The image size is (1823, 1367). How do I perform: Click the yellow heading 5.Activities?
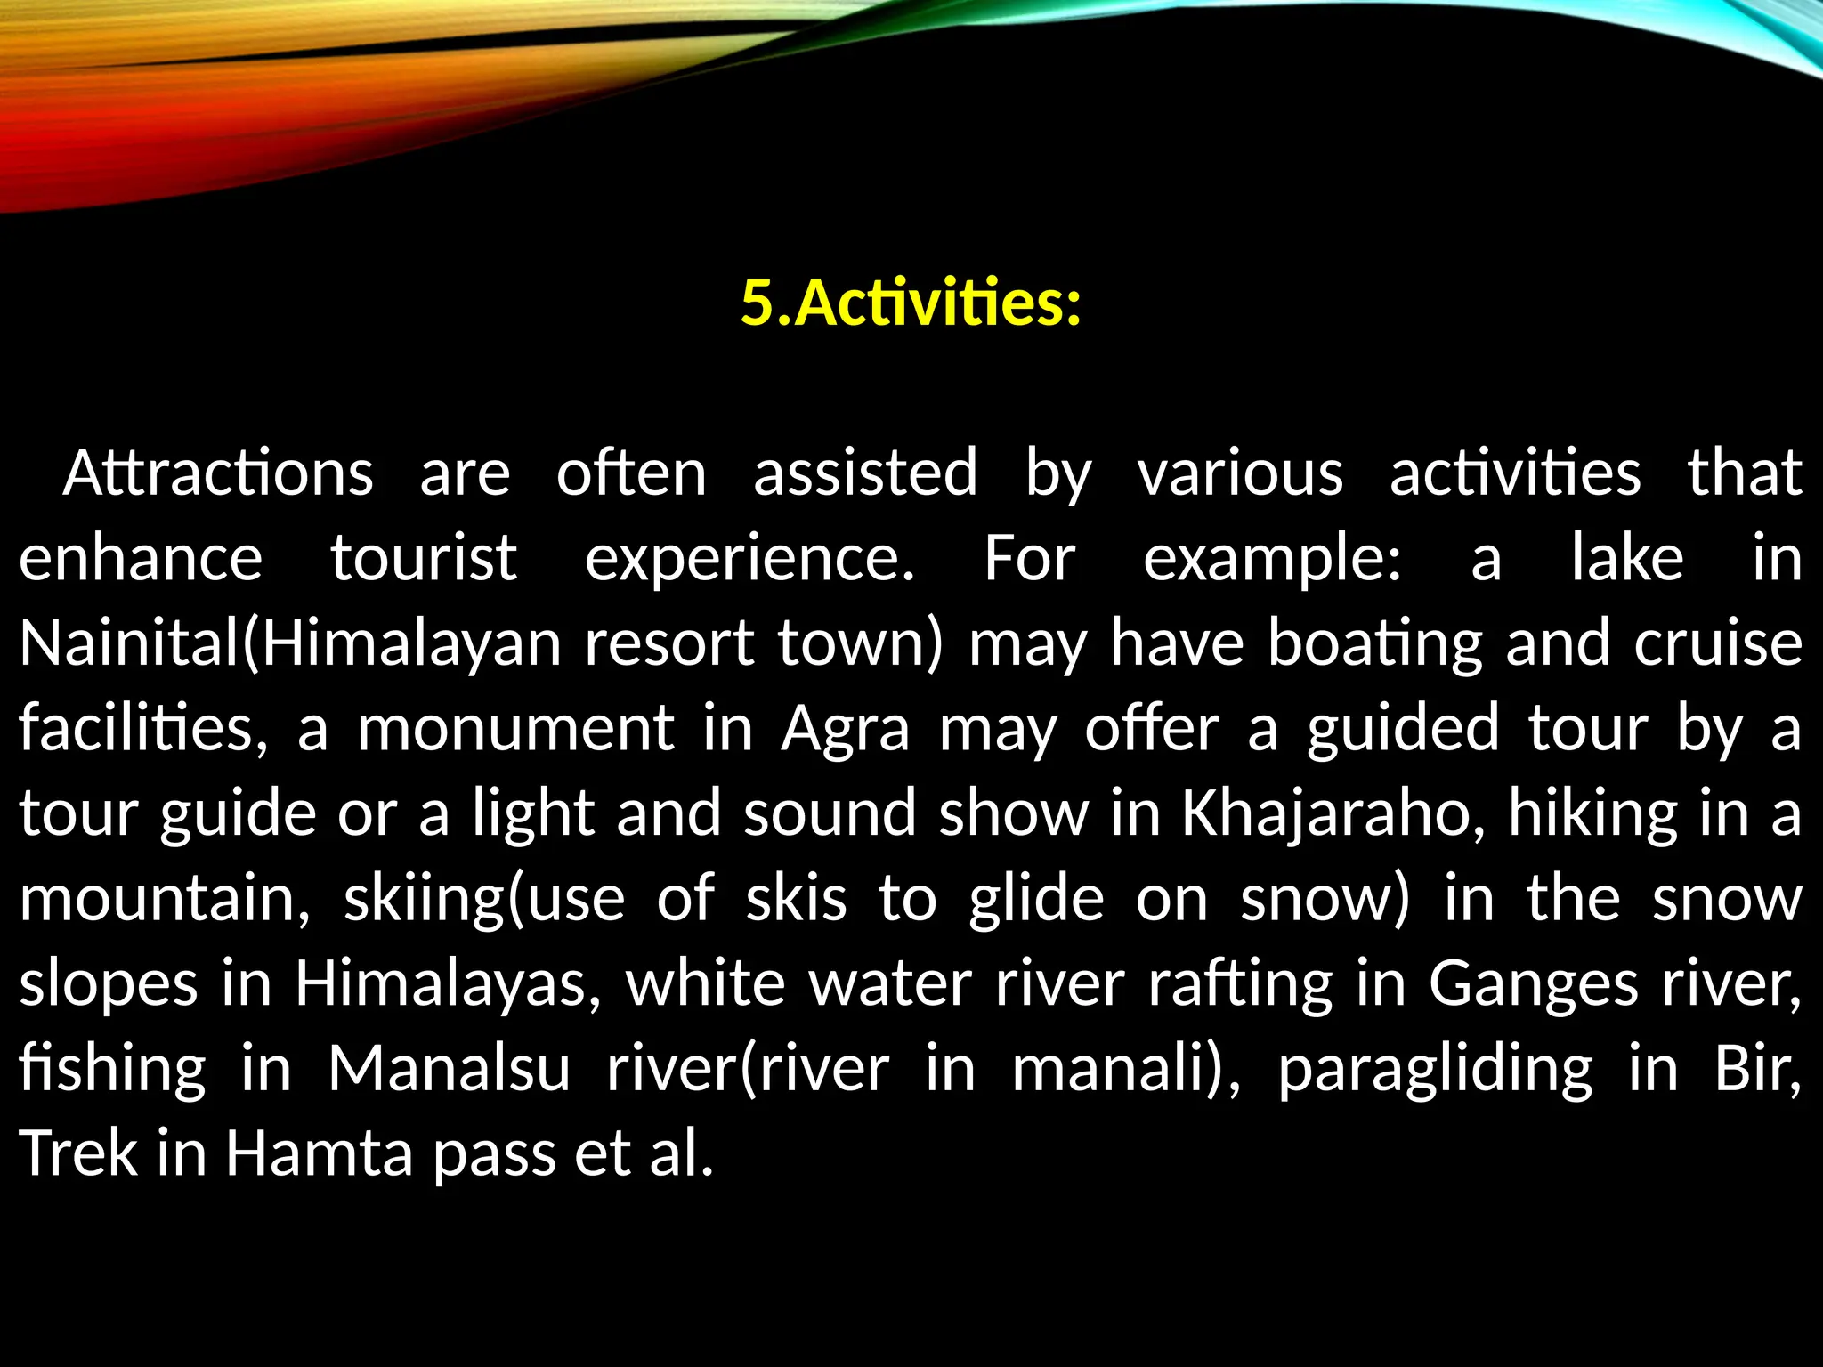click(x=911, y=303)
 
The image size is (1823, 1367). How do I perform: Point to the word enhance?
click(x=141, y=558)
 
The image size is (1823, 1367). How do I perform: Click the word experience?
click(x=749, y=560)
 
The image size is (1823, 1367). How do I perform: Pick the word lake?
click(x=1627, y=558)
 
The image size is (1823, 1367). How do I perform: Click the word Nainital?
click(x=129, y=643)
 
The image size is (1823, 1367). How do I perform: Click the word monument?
click(x=515, y=728)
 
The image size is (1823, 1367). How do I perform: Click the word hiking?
click(x=1592, y=813)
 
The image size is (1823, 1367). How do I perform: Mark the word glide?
click(x=1036, y=898)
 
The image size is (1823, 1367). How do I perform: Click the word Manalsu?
click(x=449, y=1068)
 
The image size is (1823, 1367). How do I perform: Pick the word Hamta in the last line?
click(x=319, y=1153)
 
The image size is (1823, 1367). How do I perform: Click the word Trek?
click(x=78, y=1153)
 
